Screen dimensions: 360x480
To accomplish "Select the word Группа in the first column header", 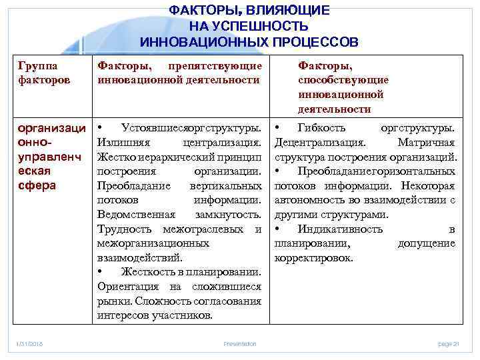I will [38, 66].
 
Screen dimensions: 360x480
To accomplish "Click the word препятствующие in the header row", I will [215, 66].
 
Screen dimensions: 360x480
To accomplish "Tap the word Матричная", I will [426, 141].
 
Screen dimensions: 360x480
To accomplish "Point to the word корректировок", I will [313, 258].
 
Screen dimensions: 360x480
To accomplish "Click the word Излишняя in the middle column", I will [119, 141].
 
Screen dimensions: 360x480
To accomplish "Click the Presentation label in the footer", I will [240, 344].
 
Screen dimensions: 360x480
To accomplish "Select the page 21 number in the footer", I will [448, 344].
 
